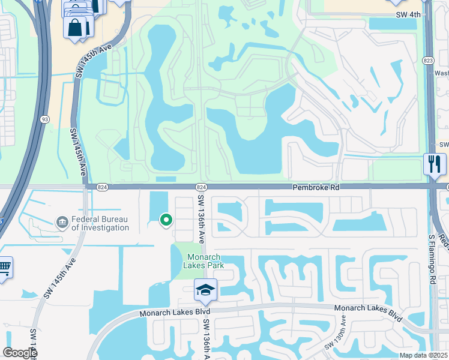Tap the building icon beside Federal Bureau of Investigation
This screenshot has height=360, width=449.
62,223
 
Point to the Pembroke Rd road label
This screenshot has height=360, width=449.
316,188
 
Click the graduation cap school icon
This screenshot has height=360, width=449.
205,289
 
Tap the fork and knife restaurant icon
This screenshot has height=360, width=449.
434,163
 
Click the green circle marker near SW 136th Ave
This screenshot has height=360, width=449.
166,221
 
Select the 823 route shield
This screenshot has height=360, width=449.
428,61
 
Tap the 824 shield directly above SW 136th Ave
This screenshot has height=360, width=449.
201,187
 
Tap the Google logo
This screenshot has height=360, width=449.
20,353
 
